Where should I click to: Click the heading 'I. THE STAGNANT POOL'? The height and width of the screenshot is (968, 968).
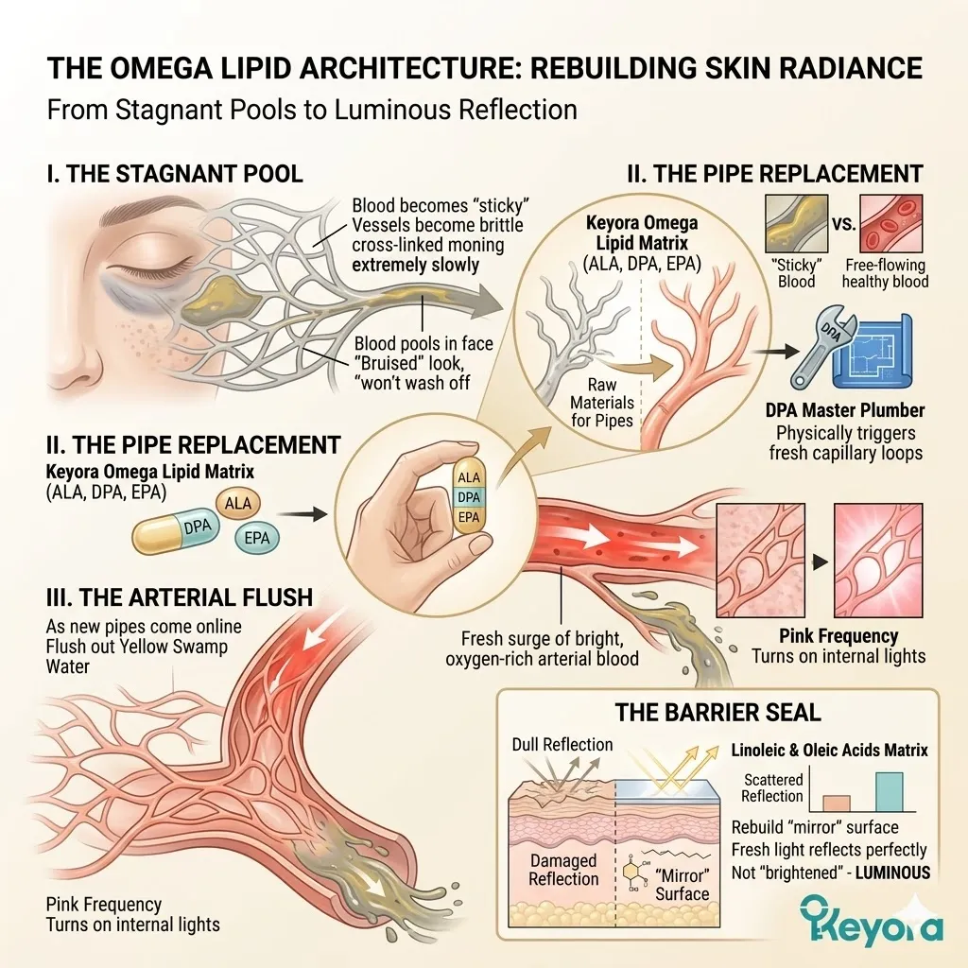175,174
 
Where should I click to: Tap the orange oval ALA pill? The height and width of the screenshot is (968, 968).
239,505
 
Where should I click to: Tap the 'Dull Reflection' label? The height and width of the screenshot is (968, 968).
562,745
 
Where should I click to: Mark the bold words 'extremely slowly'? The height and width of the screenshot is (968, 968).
415,265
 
